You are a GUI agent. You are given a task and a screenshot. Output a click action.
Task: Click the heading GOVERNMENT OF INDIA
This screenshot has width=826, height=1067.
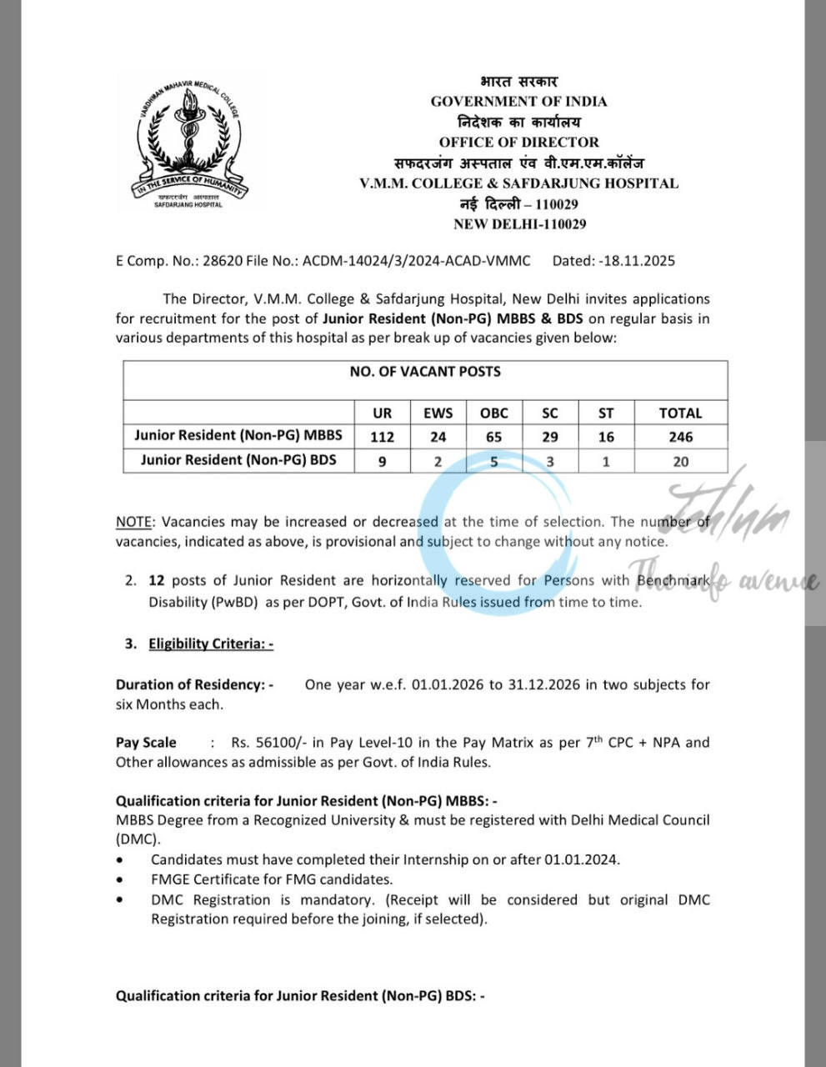[518, 102]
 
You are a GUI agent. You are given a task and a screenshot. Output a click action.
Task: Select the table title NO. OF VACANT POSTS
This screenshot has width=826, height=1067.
[425, 372]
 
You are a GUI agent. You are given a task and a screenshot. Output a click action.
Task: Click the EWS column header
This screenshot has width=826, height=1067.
[438, 413]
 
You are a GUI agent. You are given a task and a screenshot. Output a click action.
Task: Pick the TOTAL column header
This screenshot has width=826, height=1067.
[680, 413]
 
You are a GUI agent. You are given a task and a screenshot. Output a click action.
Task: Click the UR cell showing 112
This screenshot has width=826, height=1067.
[382, 437]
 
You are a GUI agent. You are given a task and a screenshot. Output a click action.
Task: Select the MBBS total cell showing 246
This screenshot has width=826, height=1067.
[680, 437]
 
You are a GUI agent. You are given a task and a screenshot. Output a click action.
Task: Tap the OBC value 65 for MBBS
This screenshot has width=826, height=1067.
[493, 437]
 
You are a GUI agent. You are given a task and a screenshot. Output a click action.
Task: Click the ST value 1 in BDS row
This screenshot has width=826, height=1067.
[606, 461]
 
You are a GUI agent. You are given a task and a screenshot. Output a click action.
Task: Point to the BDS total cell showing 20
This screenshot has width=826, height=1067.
[680, 461]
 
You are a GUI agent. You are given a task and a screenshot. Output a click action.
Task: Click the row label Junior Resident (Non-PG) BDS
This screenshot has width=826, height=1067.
[238, 460]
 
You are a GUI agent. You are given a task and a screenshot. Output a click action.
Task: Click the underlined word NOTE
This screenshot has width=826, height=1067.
[133, 522]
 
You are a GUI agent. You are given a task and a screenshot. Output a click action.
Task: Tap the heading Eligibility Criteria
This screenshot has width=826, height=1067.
[211, 644]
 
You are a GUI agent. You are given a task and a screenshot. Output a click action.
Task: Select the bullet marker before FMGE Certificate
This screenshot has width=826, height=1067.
[122, 879]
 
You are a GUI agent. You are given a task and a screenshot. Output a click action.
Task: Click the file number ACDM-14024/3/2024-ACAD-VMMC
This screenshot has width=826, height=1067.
[416, 261]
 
